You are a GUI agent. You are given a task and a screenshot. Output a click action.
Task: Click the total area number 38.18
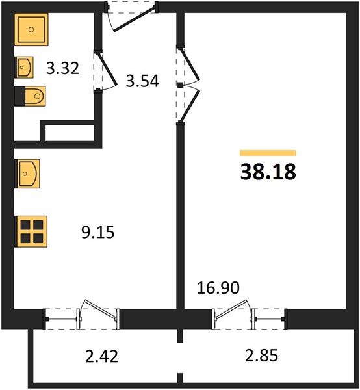click(268, 172)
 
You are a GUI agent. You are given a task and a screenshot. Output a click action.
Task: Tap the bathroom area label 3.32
click(62, 68)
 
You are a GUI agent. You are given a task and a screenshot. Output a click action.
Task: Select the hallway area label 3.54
click(142, 81)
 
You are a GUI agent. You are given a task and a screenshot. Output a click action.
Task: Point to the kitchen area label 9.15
click(97, 232)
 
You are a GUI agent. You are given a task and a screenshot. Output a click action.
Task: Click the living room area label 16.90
click(218, 288)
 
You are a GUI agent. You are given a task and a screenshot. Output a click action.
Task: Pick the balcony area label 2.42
click(101, 356)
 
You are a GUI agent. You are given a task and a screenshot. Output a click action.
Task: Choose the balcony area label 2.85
click(261, 355)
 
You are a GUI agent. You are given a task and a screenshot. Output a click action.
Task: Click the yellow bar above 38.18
click(268, 153)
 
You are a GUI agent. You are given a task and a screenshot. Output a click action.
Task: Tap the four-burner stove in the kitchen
click(31, 231)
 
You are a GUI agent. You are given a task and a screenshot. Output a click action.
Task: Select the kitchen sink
click(27, 174)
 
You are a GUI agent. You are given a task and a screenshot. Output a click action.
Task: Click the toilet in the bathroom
click(31, 96)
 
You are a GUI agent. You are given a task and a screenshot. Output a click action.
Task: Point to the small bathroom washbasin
click(24, 67)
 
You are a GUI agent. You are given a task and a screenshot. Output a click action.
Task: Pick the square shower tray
click(31, 30)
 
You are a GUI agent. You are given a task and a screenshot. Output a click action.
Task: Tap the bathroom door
click(107, 71)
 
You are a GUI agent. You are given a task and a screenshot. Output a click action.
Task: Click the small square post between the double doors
click(180, 85)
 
